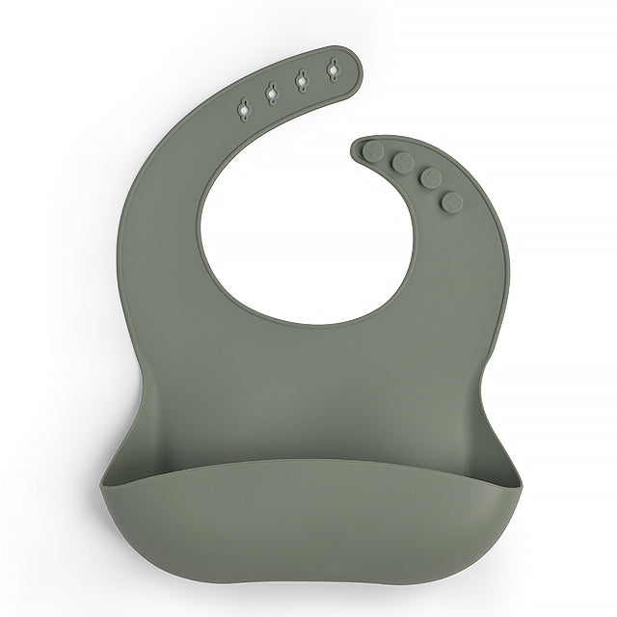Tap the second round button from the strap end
click(403, 162)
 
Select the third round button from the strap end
click(430, 178)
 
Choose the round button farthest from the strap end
click(451, 201)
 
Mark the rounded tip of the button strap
click(358, 146)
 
